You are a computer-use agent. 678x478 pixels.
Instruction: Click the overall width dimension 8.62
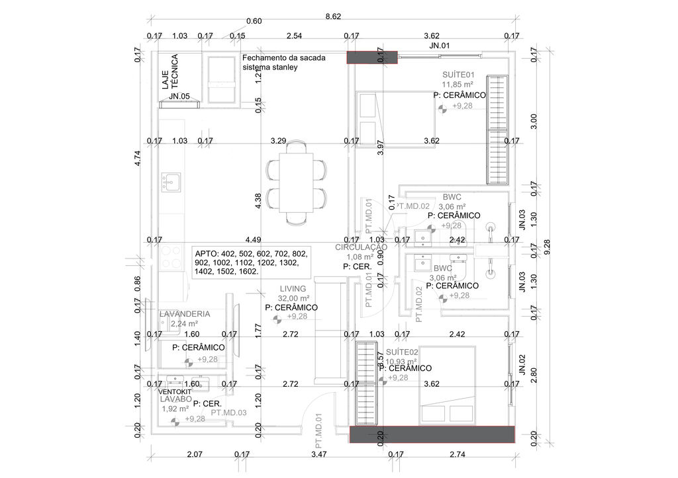click(x=332, y=16)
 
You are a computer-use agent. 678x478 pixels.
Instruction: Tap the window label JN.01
click(x=440, y=46)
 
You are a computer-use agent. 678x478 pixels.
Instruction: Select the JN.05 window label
click(x=179, y=97)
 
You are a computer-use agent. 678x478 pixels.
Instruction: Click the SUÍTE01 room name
click(x=458, y=74)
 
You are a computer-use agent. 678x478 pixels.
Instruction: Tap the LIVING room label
click(x=293, y=289)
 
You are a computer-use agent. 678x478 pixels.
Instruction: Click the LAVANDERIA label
click(x=185, y=313)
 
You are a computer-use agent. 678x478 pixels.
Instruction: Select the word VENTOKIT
click(x=175, y=391)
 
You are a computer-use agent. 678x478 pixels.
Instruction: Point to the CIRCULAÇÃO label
click(x=361, y=247)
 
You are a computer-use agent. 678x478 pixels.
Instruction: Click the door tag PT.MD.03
click(x=228, y=413)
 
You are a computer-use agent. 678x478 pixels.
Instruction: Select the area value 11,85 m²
click(x=458, y=84)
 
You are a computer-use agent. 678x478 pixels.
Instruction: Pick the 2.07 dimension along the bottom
click(x=194, y=454)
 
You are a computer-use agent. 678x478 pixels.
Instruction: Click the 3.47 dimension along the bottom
click(x=318, y=454)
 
